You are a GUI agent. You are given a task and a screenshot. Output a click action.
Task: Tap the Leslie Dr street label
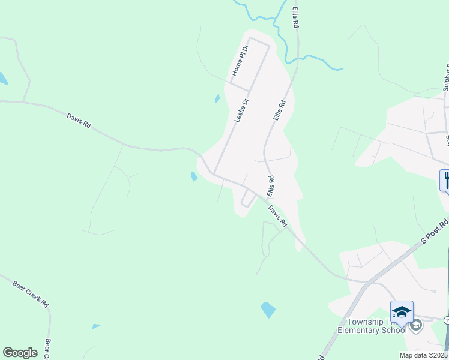tap(243, 111)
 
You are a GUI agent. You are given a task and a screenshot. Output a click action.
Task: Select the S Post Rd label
tap(435, 232)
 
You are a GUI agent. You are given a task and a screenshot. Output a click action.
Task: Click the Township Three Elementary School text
tap(372, 326)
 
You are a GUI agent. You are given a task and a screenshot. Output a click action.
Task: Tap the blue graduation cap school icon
tap(402, 311)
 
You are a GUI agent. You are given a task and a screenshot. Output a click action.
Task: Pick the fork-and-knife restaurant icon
tap(445, 179)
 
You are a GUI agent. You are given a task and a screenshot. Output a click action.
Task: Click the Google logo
tap(20, 353)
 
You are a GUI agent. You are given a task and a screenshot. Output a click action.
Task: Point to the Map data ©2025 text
tap(423, 355)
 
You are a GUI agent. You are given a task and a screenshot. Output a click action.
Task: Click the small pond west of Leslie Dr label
tap(217, 98)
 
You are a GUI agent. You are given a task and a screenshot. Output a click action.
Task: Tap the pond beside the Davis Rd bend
tap(194, 176)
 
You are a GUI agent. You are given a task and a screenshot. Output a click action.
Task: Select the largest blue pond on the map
tap(268, 310)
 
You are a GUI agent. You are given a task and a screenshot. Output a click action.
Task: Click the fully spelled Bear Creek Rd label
tap(30, 292)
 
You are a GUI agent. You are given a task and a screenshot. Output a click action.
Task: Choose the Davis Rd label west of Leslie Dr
tap(79, 120)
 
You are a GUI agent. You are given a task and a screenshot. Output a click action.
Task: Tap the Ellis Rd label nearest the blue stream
tap(295, 17)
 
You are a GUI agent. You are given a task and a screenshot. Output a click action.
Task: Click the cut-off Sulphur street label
tap(446, 78)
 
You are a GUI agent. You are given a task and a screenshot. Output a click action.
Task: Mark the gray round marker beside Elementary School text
tap(416, 325)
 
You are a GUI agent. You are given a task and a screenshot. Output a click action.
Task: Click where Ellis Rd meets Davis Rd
tap(263, 197)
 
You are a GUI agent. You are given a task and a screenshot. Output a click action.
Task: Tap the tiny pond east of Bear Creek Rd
tap(96, 326)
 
